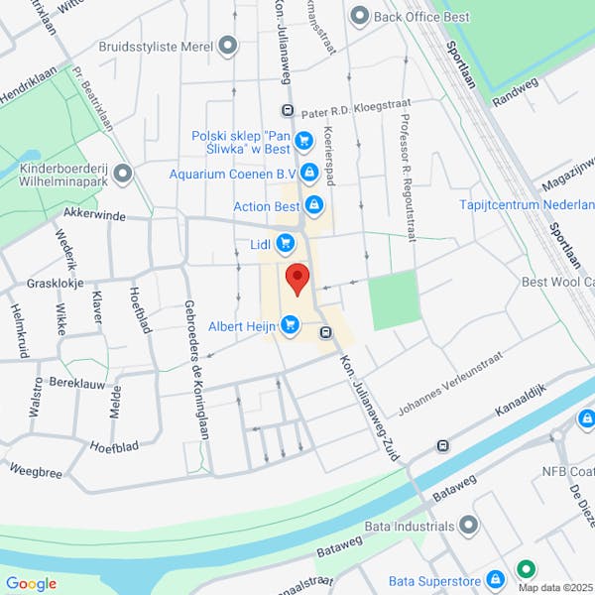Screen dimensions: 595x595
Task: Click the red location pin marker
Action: [x=297, y=278]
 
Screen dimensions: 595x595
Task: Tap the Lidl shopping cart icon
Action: [x=286, y=242]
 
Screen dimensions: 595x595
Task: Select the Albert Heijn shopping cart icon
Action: [x=291, y=324]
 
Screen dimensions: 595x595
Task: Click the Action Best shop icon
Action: [x=314, y=206]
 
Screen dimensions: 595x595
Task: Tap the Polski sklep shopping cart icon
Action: [x=304, y=141]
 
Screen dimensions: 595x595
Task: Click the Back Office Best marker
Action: [x=359, y=16]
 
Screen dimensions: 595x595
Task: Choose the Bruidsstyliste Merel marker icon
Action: [x=229, y=46]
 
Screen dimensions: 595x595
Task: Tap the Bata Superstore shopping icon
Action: [x=498, y=580]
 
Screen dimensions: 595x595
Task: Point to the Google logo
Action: [x=31, y=584]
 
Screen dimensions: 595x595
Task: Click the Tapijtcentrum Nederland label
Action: [x=527, y=204]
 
